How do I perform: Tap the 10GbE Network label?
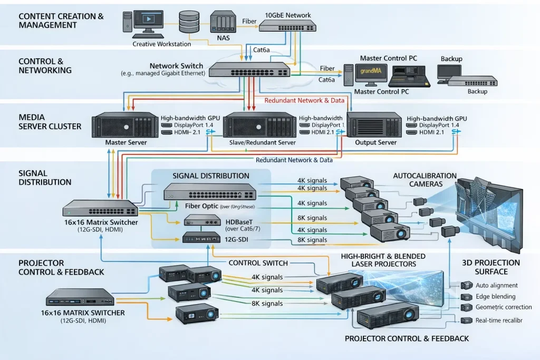click(x=288, y=15)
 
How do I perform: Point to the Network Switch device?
click(x=249, y=70)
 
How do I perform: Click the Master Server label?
click(x=126, y=142)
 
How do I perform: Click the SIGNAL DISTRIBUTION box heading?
click(x=211, y=176)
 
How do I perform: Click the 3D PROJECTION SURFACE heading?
click(x=491, y=267)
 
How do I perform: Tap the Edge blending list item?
click(x=495, y=296)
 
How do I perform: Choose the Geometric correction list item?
click(x=503, y=307)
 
